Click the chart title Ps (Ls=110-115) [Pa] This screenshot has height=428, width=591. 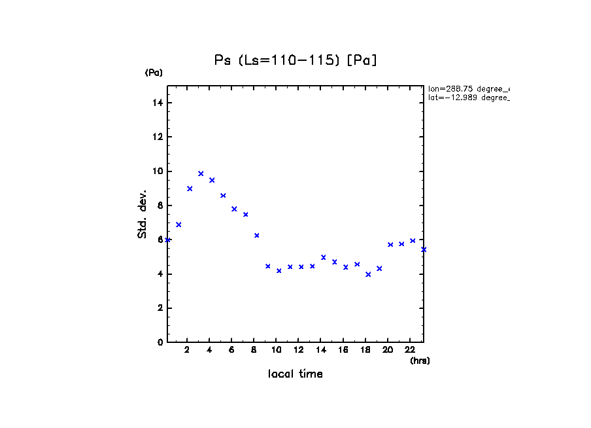point(295,60)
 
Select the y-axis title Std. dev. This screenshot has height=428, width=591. point(143,214)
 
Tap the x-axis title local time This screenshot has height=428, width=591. point(295,374)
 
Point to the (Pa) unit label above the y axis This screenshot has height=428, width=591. point(154,73)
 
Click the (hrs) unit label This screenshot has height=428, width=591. point(420,361)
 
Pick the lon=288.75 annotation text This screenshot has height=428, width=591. point(468,88)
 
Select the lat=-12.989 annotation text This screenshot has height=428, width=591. point(468,98)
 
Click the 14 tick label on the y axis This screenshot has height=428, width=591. point(158,103)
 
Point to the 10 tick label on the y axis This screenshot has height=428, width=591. point(158,171)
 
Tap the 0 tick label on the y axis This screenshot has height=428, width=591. point(160,342)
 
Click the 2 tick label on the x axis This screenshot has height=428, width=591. point(187,350)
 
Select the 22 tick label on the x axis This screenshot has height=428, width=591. point(410,350)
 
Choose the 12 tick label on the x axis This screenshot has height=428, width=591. point(299,350)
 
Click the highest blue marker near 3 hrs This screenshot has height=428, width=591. point(201,173)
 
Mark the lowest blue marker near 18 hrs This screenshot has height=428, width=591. point(368,274)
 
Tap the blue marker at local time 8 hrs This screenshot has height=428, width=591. point(257,236)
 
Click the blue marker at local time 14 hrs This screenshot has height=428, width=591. point(324,257)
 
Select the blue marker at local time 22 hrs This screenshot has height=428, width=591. point(413,241)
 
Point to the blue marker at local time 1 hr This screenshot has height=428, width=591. point(178,224)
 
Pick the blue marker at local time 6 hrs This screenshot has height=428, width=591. point(234,209)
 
